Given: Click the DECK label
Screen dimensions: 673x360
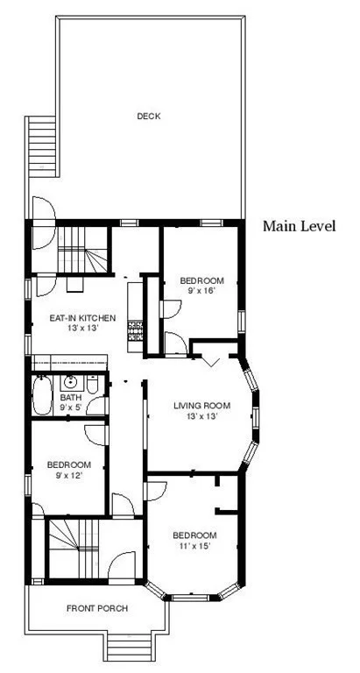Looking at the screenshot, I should coord(149,116).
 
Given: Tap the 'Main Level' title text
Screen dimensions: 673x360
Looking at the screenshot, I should coord(300,226).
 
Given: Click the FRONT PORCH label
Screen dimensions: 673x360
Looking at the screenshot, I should coord(97,608).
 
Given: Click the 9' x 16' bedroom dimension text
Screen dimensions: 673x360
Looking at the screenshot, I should coord(197,291).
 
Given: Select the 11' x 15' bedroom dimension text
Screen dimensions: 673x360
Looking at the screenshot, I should coord(194,546).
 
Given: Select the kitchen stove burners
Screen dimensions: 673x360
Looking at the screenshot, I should coord(136,331).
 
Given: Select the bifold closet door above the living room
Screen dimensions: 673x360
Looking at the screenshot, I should coord(210,356).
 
